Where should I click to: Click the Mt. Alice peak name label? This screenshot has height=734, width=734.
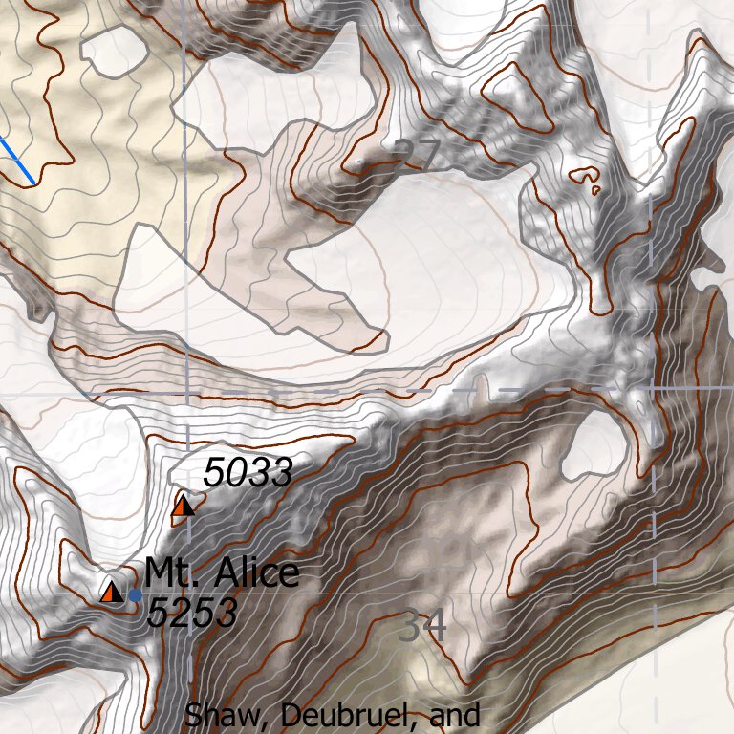pos(222,573)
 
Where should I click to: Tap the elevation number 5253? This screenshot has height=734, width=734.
pos(191,614)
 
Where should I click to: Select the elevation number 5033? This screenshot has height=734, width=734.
pos(246,472)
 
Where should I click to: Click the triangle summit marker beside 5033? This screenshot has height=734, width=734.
pos(183,506)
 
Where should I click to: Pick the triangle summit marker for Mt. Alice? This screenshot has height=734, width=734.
pos(112,592)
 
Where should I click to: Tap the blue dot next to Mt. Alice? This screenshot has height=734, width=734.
pos(135,594)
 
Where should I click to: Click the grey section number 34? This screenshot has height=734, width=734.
pos(421,627)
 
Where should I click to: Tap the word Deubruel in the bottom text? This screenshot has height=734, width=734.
pos(336,715)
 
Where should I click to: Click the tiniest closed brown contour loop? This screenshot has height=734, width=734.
pos(595,189)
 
